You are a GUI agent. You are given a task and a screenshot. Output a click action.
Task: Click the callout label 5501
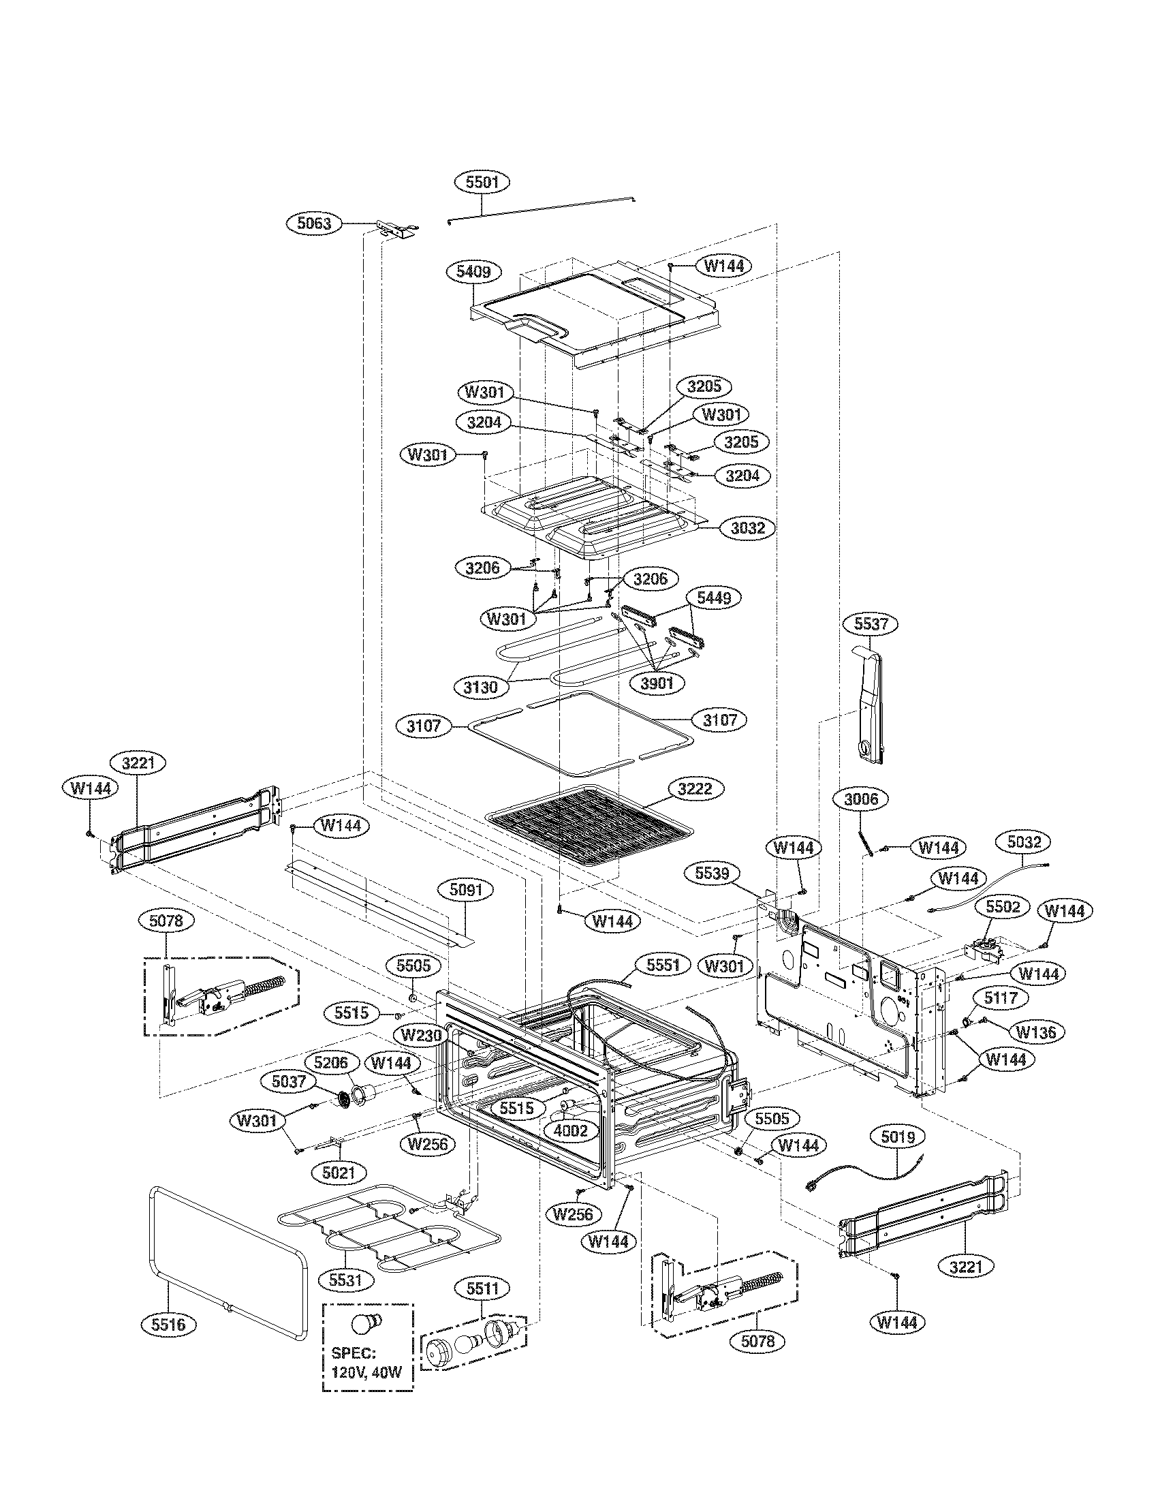[482, 182]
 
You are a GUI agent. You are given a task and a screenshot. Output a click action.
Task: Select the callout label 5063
[314, 223]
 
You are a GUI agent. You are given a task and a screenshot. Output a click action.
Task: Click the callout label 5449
[713, 598]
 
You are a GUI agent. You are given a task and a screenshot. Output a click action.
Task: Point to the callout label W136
[1036, 1032]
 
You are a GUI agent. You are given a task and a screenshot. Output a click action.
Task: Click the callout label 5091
[466, 891]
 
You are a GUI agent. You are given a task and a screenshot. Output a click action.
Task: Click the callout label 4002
[571, 1130]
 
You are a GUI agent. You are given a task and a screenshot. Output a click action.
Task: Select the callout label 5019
[897, 1138]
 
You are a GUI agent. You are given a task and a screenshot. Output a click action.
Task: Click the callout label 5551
[662, 964]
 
